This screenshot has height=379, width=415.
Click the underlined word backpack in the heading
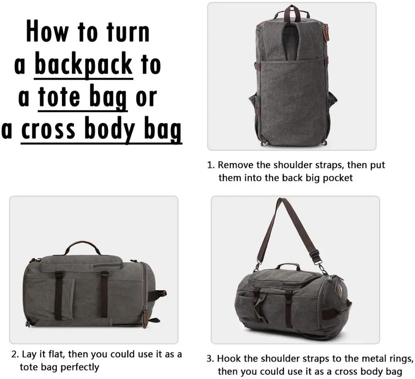click(83, 65)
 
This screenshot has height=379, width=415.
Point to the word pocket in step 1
click(334, 178)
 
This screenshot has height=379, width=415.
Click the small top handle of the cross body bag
click(289, 266)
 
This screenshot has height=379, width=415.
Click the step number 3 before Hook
click(211, 359)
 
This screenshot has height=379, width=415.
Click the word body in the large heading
click(109, 129)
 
